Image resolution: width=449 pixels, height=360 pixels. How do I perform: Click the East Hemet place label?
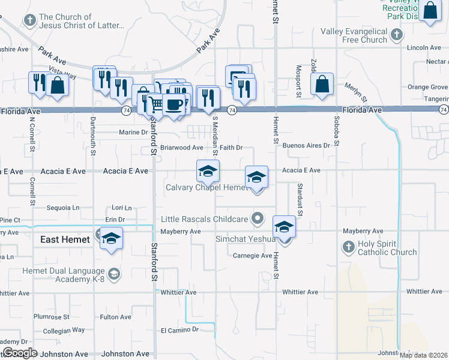click(65, 239)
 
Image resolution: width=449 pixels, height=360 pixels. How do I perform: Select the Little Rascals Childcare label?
click(204, 219)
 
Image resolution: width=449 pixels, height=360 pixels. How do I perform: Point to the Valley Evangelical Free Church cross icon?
click(396, 35)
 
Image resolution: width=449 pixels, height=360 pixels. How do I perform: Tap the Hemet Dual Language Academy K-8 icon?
click(114, 274)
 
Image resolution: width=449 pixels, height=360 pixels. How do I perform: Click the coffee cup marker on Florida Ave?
click(173, 104)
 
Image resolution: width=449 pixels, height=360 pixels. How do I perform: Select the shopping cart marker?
click(157, 105)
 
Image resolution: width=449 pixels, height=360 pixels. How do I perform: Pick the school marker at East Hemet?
click(112, 238)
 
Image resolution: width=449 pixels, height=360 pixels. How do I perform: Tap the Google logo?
click(19, 353)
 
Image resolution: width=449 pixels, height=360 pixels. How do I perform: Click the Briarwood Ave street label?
click(182, 147)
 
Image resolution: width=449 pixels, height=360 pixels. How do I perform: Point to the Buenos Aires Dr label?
click(306, 145)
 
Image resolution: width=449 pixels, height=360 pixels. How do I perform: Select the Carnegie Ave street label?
click(253, 256)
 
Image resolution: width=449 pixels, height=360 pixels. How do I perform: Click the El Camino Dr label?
click(179, 330)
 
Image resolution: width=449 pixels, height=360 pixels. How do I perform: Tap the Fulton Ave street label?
click(116, 317)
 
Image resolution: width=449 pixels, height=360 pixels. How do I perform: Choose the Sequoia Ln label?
click(64, 208)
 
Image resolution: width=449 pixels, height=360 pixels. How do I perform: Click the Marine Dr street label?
click(133, 132)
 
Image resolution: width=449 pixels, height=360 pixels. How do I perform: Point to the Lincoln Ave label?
click(424, 47)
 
